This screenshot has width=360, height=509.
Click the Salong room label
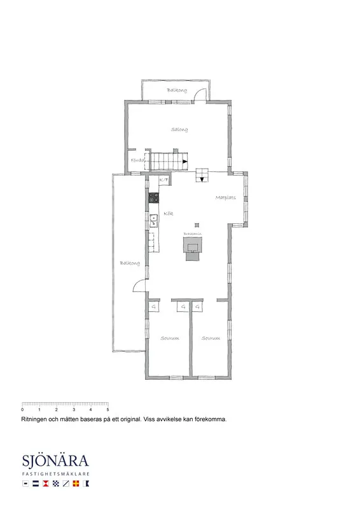[179, 130]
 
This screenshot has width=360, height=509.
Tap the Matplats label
[225, 198]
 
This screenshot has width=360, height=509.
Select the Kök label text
[169, 214]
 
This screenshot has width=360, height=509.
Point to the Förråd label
[137, 160]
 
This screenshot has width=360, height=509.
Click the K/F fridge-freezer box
[163, 180]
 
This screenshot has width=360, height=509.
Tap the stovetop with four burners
[153, 198]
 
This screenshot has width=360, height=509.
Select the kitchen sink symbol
[153, 221]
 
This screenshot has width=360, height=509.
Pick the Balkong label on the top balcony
[177, 90]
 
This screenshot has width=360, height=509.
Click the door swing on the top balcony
[200, 95]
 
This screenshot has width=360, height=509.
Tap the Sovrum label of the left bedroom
[169, 338]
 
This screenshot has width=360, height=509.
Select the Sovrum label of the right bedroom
[211, 338]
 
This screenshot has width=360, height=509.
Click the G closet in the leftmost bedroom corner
[153, 307]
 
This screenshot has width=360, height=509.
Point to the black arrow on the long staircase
[184, 162]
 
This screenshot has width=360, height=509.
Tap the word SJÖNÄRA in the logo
[55, 461]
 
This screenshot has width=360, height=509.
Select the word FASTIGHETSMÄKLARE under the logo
[55, 475]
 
